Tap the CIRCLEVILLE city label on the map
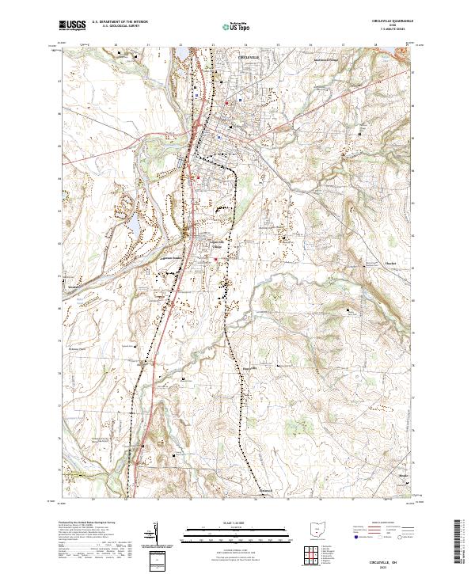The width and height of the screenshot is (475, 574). point(249,57)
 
